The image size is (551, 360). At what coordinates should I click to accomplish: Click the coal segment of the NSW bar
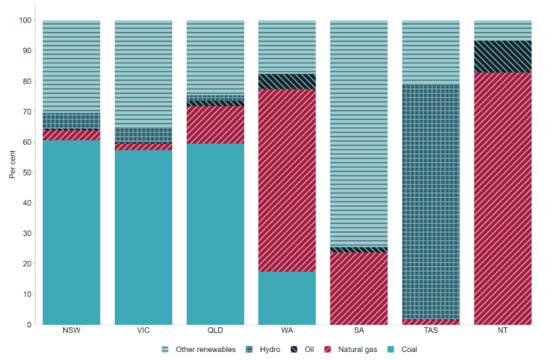point(71,232)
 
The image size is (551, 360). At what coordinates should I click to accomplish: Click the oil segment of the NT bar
point(502,57)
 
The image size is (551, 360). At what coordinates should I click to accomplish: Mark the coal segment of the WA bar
point(287,297)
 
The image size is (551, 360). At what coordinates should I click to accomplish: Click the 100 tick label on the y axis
point(26,20)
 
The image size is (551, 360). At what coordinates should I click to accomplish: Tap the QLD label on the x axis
point(215,332)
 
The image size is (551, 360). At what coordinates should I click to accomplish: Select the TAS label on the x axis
point(430,332)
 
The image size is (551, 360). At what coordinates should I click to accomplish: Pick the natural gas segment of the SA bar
point(358,288)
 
